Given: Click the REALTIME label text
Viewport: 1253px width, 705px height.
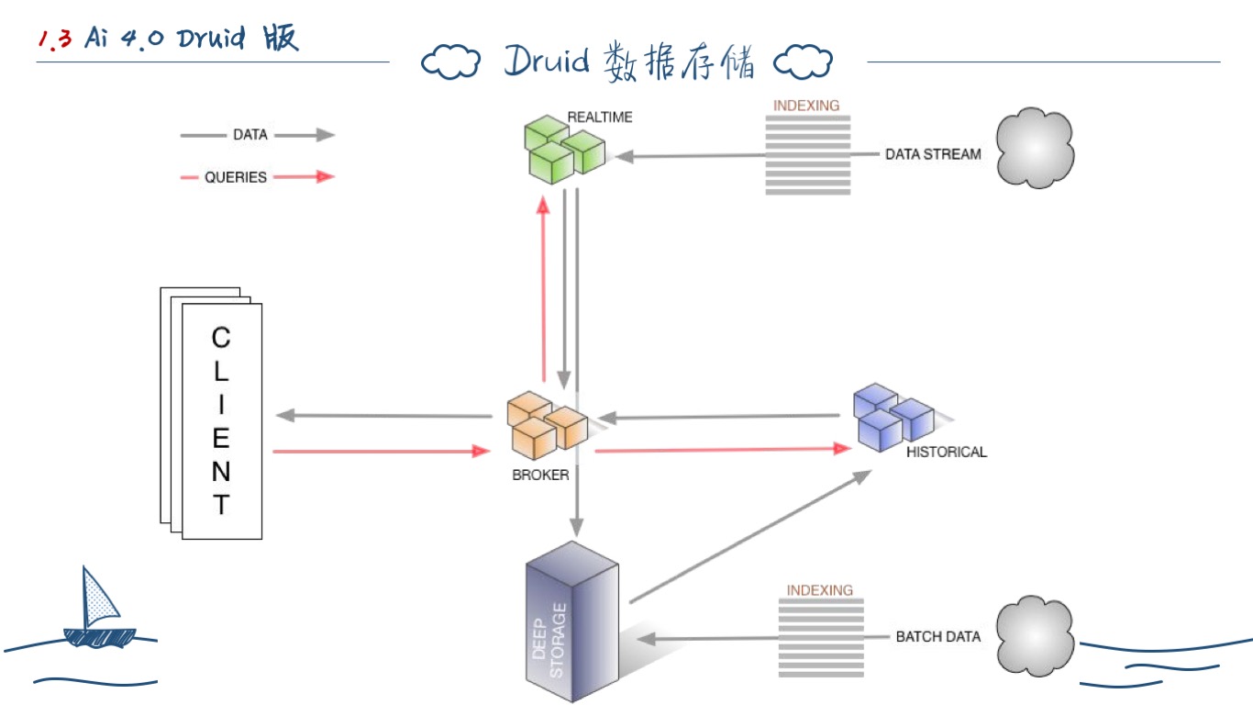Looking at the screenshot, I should pyautogui.click(x=600, y=117).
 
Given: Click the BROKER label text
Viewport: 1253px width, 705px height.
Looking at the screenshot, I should pyautogui.click(x=540, y=476).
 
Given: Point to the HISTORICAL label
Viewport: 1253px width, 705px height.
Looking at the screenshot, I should pyautogui.click(x=946, y=452).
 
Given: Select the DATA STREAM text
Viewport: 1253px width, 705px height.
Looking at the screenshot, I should pyautogui.click(x=932, y=154).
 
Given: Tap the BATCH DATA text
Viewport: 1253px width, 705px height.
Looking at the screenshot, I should pyautogui.click(x=937, y=636).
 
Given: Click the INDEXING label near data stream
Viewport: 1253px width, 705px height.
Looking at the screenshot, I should pyautogui.click(x=806, y=106).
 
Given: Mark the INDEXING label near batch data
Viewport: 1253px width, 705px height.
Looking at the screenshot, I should pyautogui.click(x=820, y=590).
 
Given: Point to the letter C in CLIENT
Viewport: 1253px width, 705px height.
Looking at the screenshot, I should pyautogui.click(x=221, y=339).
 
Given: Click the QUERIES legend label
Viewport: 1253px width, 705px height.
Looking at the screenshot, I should pyautogui.click(x=236, y=177).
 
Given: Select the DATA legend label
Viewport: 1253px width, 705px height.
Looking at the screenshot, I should pyautogui.click(x=249, y=135).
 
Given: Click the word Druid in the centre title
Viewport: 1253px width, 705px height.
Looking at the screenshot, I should pyautogui.click(x=547, y=62).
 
